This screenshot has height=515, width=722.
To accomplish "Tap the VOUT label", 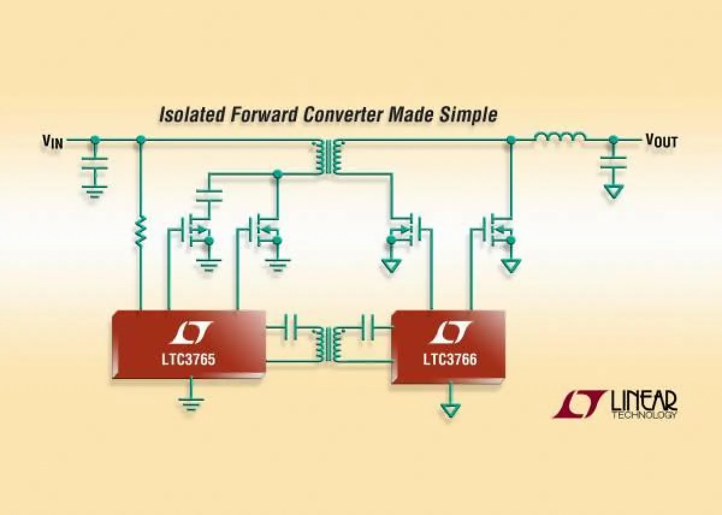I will pyautogui.click(x=661, y=141).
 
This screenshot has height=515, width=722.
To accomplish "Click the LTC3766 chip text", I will pyautogui.click(x=449, y=359).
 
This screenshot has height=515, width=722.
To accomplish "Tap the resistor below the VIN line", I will pyautogui.click(x=140, y=231).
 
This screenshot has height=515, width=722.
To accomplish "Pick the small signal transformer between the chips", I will pyautogui.click(x=328, y=344).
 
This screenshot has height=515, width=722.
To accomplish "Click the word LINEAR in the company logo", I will pyautogui.click(x=644, y=401).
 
